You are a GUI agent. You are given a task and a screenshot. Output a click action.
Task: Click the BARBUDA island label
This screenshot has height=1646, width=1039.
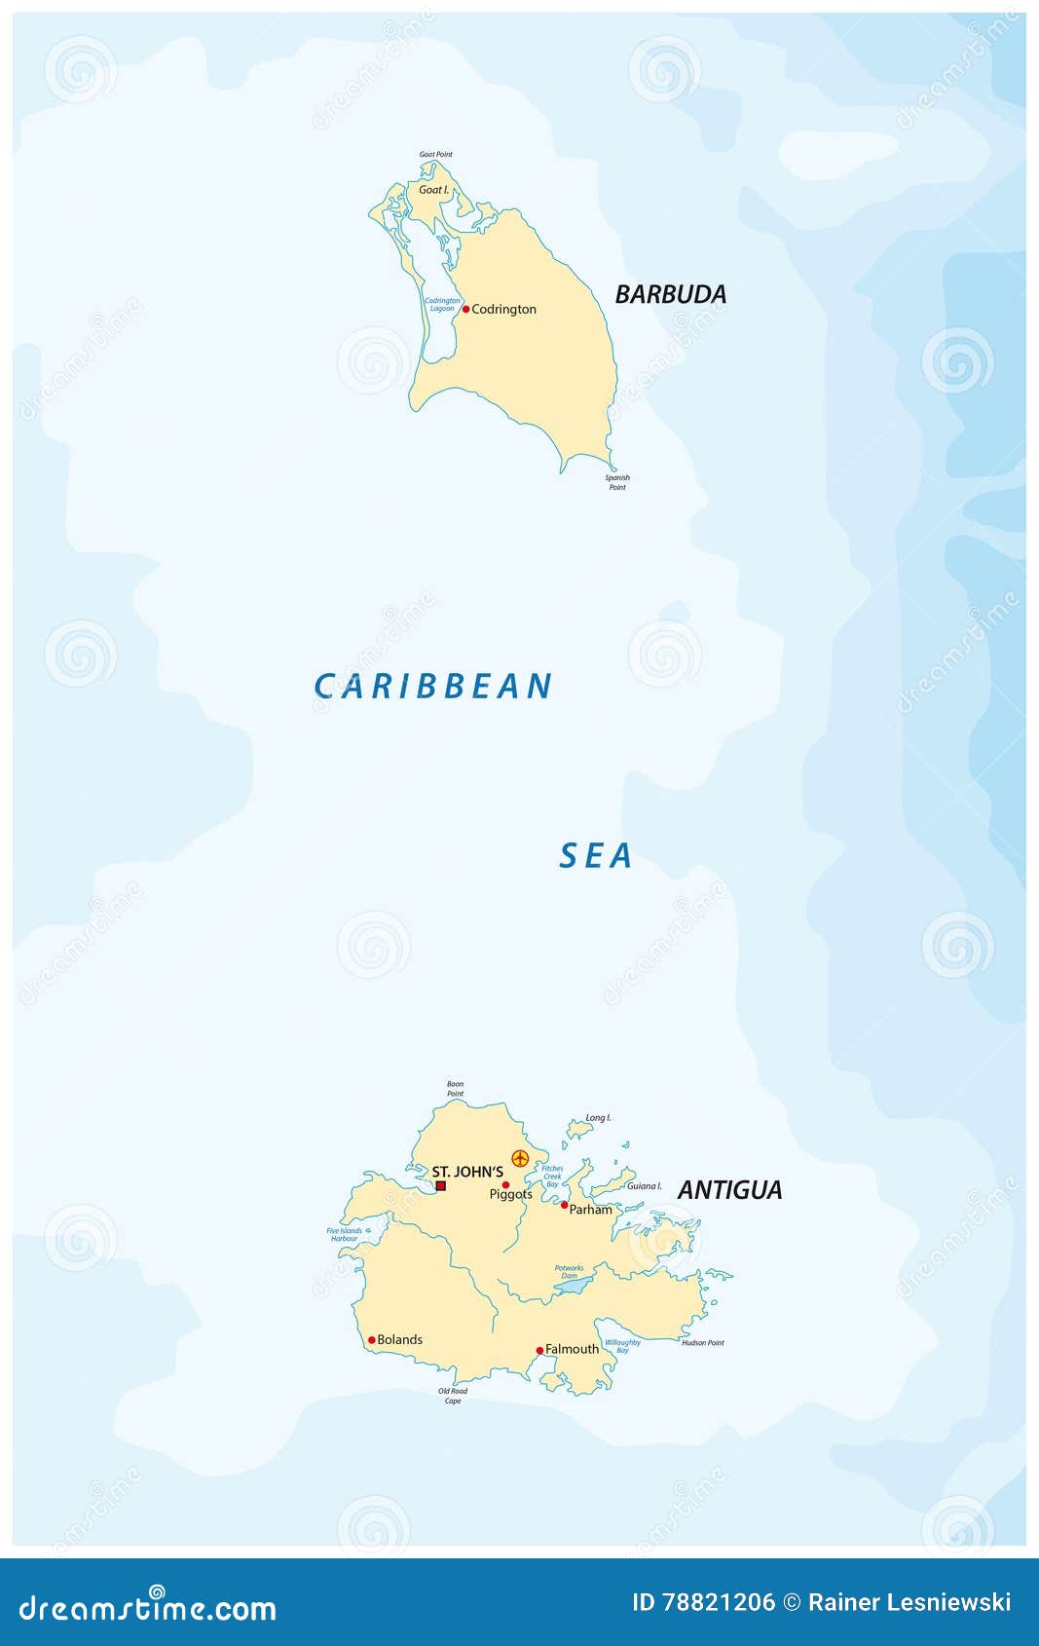(670, 294)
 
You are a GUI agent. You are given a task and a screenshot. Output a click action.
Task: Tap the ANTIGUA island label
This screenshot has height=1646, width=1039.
(729, 1189)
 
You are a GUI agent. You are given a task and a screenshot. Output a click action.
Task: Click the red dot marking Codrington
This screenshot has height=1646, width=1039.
(465, 309)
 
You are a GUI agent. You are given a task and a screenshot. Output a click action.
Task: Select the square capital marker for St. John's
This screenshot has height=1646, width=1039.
(440, 1185)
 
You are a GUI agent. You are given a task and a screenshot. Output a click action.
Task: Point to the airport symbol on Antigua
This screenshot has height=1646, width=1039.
(520, 1158)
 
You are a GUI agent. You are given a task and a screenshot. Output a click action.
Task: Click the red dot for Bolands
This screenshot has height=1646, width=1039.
(371, 1339)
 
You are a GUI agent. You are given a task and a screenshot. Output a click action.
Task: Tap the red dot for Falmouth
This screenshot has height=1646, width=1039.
(539, 1350)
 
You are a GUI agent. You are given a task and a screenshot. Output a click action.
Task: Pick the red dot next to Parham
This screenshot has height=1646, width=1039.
(564, 1205)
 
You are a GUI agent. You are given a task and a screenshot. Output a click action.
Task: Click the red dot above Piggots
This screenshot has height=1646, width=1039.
(505, 1184)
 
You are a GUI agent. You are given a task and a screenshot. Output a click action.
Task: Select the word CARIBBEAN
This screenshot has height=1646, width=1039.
(433, 687)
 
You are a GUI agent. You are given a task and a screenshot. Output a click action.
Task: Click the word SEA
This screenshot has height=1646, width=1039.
(596, 856)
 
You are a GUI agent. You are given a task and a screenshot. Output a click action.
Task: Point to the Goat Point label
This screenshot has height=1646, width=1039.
(435, 154)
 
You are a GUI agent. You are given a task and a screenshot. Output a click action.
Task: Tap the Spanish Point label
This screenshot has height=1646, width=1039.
(617, 482)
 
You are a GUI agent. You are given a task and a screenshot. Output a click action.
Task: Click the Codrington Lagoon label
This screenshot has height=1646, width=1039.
(442, 304)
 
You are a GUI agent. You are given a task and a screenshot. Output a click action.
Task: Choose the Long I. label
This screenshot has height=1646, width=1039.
(598, 1118)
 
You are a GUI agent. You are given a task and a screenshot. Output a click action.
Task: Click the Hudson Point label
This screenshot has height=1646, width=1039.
(702, 1342)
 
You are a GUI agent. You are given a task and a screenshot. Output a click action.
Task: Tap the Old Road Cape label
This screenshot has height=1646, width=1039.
(453, 1396)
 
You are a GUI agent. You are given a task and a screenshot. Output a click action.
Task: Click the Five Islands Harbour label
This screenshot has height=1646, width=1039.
(345, 1234)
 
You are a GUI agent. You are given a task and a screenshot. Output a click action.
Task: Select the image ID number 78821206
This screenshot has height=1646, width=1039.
(719, 1602)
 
